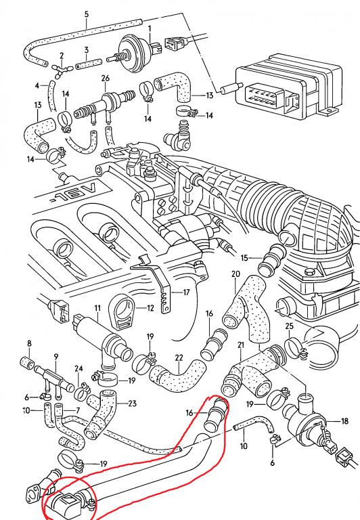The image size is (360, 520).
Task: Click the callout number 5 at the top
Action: [x=87, y=15]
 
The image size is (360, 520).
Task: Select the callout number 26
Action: [x=105, y=79]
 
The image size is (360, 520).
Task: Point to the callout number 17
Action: [x=186, y=292]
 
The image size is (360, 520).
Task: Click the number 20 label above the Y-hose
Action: [x=235, y=274]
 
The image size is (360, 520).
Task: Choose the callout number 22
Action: [x=179, y=358]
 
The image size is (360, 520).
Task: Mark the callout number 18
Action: [x=344, y=421]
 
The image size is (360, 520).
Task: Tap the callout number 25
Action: [x=290, y=326]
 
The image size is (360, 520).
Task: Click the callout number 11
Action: [x=97, y=309]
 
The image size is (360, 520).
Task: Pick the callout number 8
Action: [x=29, y=343]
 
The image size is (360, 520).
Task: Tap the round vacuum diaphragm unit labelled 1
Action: [x=133, y=52]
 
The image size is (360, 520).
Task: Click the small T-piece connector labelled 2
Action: [x=62, y=69]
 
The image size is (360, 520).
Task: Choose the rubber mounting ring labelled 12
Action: [x=122, y=312]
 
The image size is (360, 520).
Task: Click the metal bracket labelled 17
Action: [x=159, y=282]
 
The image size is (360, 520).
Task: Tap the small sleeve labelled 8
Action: [x=28, y=362]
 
